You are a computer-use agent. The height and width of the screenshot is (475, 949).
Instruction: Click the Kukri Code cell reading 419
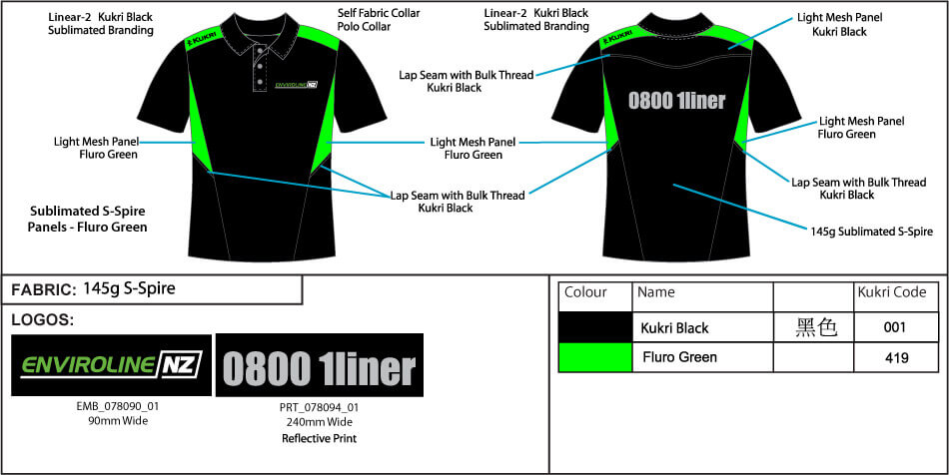point(896,358)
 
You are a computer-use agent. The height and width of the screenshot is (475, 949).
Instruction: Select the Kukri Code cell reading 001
point(896,328)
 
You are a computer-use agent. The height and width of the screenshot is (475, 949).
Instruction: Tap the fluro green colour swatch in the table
point(595,357)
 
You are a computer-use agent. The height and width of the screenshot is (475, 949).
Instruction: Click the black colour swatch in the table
point(595,327)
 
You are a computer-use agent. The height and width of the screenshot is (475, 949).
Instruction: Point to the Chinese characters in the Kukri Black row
point(816,327)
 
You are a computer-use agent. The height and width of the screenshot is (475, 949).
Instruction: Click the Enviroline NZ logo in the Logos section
point(111,365)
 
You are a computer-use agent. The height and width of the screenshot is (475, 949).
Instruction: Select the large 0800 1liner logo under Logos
point(320,365)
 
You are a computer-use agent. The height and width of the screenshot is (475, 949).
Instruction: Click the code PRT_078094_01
point(319,408)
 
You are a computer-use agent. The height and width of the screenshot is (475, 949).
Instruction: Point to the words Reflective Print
point(319,439)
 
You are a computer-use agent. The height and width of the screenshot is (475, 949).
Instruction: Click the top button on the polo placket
point(259,51)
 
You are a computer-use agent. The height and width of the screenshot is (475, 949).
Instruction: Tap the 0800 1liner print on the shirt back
point(676,101)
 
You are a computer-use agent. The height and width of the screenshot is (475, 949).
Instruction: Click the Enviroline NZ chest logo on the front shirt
point(296,85)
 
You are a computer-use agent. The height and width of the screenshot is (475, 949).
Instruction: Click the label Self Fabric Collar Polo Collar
point(379,19)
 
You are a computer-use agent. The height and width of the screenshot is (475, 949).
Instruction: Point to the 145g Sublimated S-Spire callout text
point(871,231)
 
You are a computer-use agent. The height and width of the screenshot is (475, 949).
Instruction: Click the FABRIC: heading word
point(41,290)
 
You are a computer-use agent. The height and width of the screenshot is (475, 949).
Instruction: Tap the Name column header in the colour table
point(656,292)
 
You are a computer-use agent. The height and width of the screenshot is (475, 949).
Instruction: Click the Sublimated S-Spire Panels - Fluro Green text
point(88,220)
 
